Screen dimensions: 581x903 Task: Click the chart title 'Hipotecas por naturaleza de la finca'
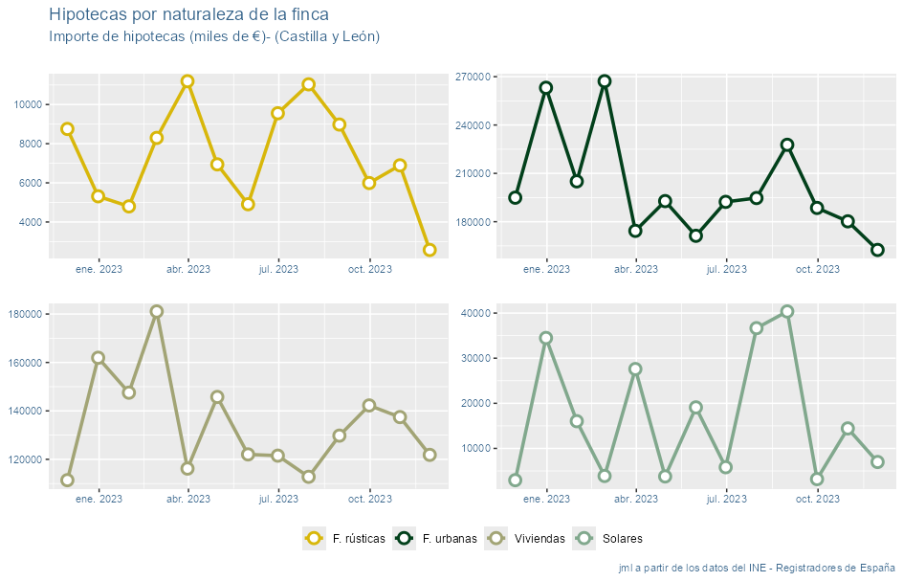click(x=188, y=14)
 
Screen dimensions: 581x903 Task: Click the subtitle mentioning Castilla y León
click(x=214, y=36)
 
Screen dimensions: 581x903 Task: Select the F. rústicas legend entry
click(x=344, y=539)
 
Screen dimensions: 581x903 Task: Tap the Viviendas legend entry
click(x=525, y=539)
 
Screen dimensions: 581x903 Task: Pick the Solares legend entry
click(x=607, y=539)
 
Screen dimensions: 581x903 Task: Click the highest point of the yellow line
click(x=187, y=81)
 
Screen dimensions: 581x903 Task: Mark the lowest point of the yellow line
click(x=429, y=250)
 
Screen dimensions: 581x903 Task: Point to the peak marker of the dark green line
click(x=605, y=81)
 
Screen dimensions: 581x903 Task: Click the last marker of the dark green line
click(x=877, y=250)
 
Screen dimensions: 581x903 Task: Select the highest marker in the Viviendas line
click(x=157, y=311)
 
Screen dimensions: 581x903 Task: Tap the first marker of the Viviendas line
click(x=67, y=480)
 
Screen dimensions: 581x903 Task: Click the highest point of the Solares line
click(x=787, y=311)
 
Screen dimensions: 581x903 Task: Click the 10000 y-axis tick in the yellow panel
click(x=26, y=104)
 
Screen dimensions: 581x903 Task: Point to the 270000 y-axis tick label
click(x=474, y=77)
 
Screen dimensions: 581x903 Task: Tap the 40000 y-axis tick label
click(x=476, y=313)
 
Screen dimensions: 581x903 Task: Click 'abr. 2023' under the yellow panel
click(x=188, y=269)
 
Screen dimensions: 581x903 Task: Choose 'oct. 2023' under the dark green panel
click(x=817, y=269)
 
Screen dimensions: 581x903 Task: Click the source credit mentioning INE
click(x=757, y=568)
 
